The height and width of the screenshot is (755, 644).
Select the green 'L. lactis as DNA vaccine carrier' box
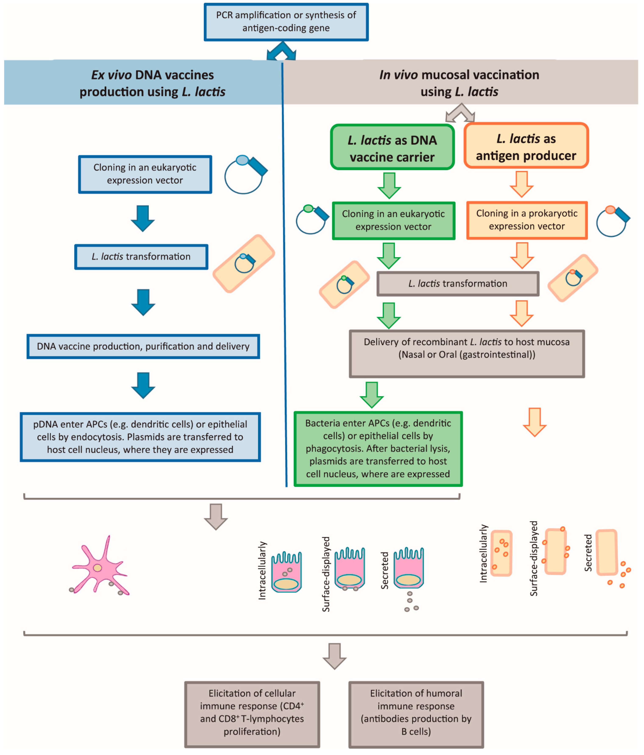[x=392, y=147]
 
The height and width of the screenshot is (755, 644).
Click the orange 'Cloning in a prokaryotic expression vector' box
[x=527, y=220]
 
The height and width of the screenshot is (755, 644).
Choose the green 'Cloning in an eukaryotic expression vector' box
[x=393, y=220]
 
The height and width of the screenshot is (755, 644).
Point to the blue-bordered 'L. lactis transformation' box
[x=141, y=257]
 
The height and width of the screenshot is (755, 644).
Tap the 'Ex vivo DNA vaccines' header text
[x=152, y=83]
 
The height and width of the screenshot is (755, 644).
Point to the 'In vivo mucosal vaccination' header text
[x=459, y=83]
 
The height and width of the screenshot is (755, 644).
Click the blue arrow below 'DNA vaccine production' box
[x=143, y=385]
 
